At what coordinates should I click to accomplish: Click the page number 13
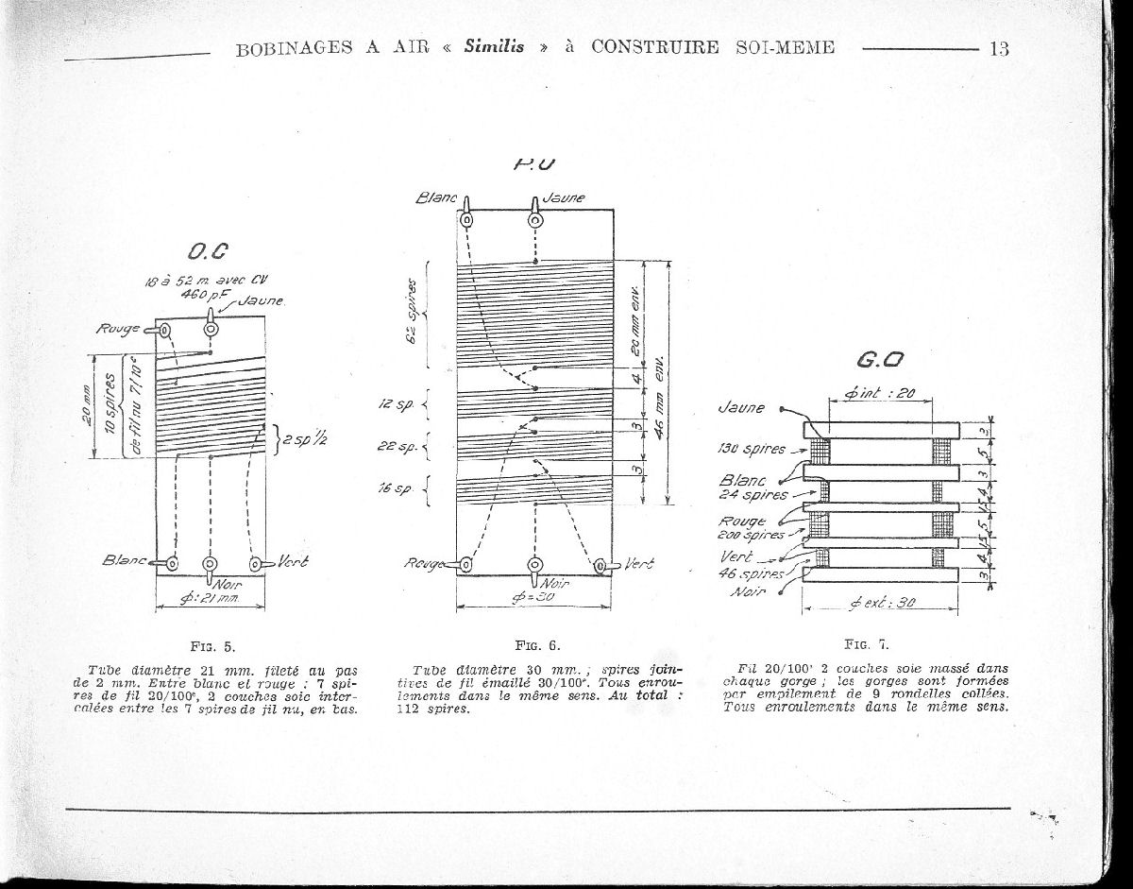tap(999, 49)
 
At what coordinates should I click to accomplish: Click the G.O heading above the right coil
tap(881, 360)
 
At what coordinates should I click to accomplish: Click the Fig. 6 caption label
tap(538, 646)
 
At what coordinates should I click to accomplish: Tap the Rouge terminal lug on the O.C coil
tap(165, 330)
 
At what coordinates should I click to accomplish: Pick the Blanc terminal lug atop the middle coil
tap(466, 218)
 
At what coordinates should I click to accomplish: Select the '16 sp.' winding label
tap(392, 489)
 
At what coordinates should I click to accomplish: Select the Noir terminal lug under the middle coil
tap(535, 566)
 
